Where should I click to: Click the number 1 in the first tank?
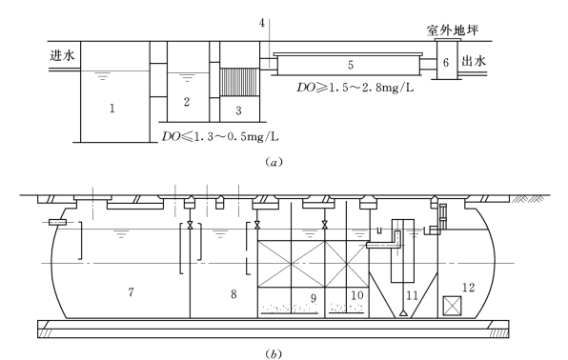112,108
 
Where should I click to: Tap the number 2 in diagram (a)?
187,102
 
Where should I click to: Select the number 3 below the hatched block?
238,110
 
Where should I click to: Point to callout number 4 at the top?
262,23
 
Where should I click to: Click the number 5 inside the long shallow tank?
351,65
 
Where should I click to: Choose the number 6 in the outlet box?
446,62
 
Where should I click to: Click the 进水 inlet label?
62,55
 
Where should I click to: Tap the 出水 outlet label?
474,61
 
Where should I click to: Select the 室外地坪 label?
453,30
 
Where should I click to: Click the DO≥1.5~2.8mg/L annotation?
355,88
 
